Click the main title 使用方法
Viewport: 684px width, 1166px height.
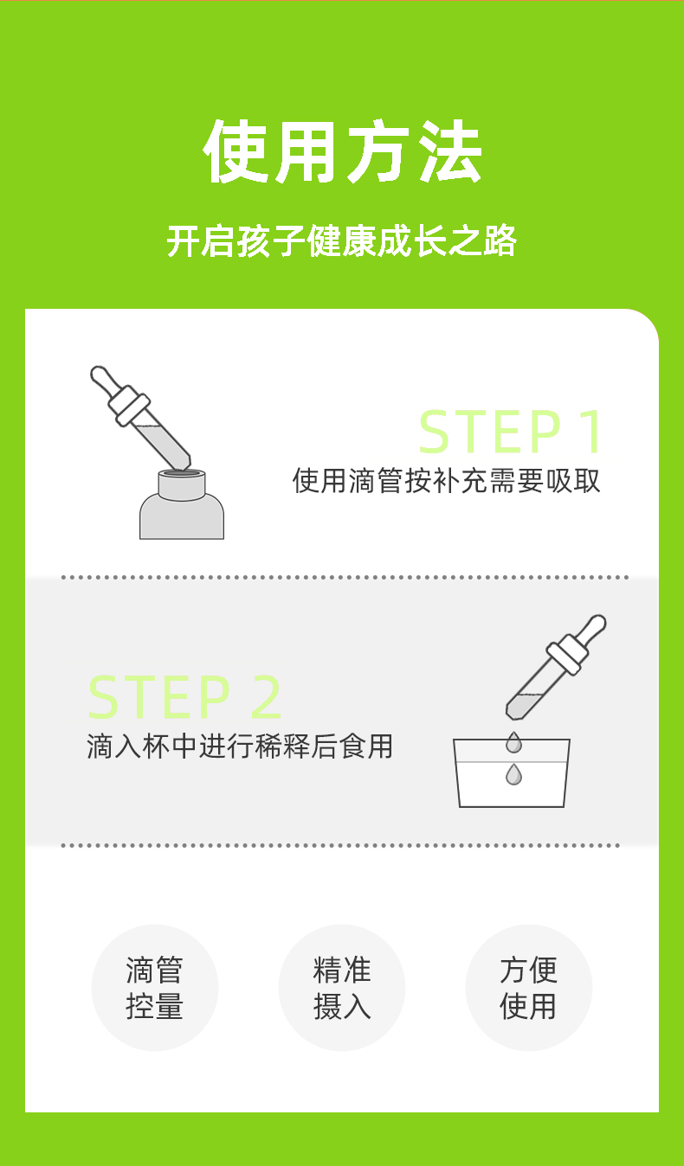point(342,151)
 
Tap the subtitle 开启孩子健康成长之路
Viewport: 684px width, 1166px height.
point(342,240)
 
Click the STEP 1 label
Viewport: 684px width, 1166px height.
point(511,432)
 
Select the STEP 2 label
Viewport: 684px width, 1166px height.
point(184,696)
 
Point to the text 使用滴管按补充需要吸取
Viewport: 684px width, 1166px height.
point(447,480)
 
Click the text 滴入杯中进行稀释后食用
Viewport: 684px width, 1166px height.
point(240,746)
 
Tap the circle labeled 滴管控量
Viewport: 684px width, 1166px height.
point(155,988)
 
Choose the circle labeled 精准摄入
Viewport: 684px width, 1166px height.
point(342,988)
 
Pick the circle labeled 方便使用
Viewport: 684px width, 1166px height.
point(529,988)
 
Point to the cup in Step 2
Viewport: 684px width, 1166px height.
point(512,773)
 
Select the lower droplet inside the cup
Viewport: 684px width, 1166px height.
point(513,774)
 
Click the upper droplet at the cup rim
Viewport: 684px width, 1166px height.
point(513,742)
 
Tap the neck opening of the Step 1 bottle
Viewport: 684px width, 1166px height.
point(182,472)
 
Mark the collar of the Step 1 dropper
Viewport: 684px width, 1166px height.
point(129,406)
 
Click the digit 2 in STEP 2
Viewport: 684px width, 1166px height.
point(266,696)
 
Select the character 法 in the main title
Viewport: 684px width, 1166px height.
point(451,151)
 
